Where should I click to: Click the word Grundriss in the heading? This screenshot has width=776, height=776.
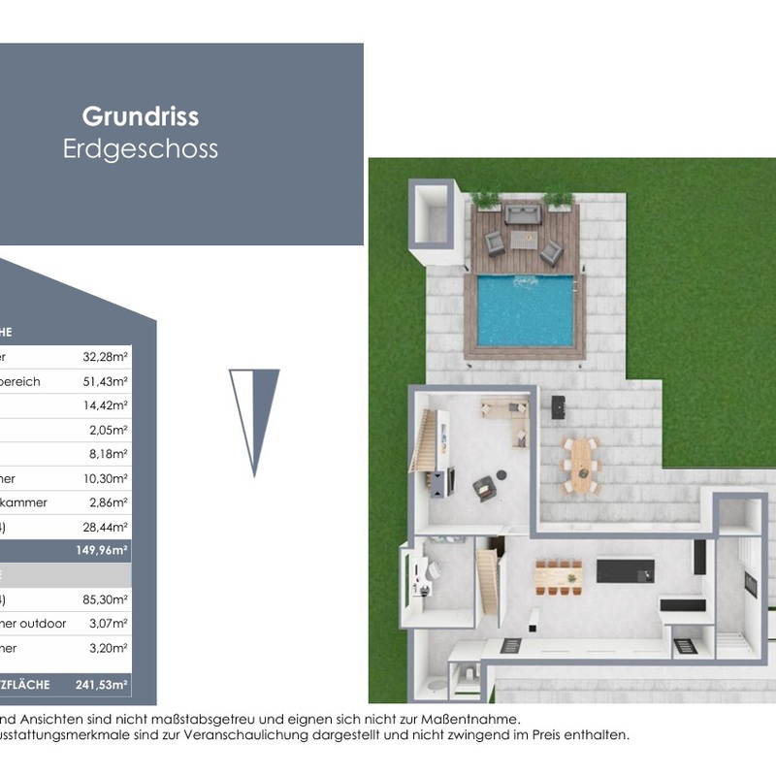[x=141, y=116]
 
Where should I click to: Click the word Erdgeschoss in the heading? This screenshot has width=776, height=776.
[x=141, y=149]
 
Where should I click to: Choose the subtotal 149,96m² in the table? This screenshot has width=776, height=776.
[x=104, y=549]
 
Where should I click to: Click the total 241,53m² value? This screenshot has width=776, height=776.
[x=103, y=685]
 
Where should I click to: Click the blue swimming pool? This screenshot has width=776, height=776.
[x=525, y=310]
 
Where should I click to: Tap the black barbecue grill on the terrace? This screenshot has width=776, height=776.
[x=558, y=406]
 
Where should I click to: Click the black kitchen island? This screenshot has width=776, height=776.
[x=625, y=570]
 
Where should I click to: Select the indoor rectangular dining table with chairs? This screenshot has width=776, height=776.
[x=558, y=576]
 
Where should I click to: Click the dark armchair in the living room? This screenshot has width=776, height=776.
[x=484, y=488]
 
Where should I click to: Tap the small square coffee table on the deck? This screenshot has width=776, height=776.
[x=524, y=239]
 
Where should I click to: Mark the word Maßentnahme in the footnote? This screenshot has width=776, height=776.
[x=469, y=719]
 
